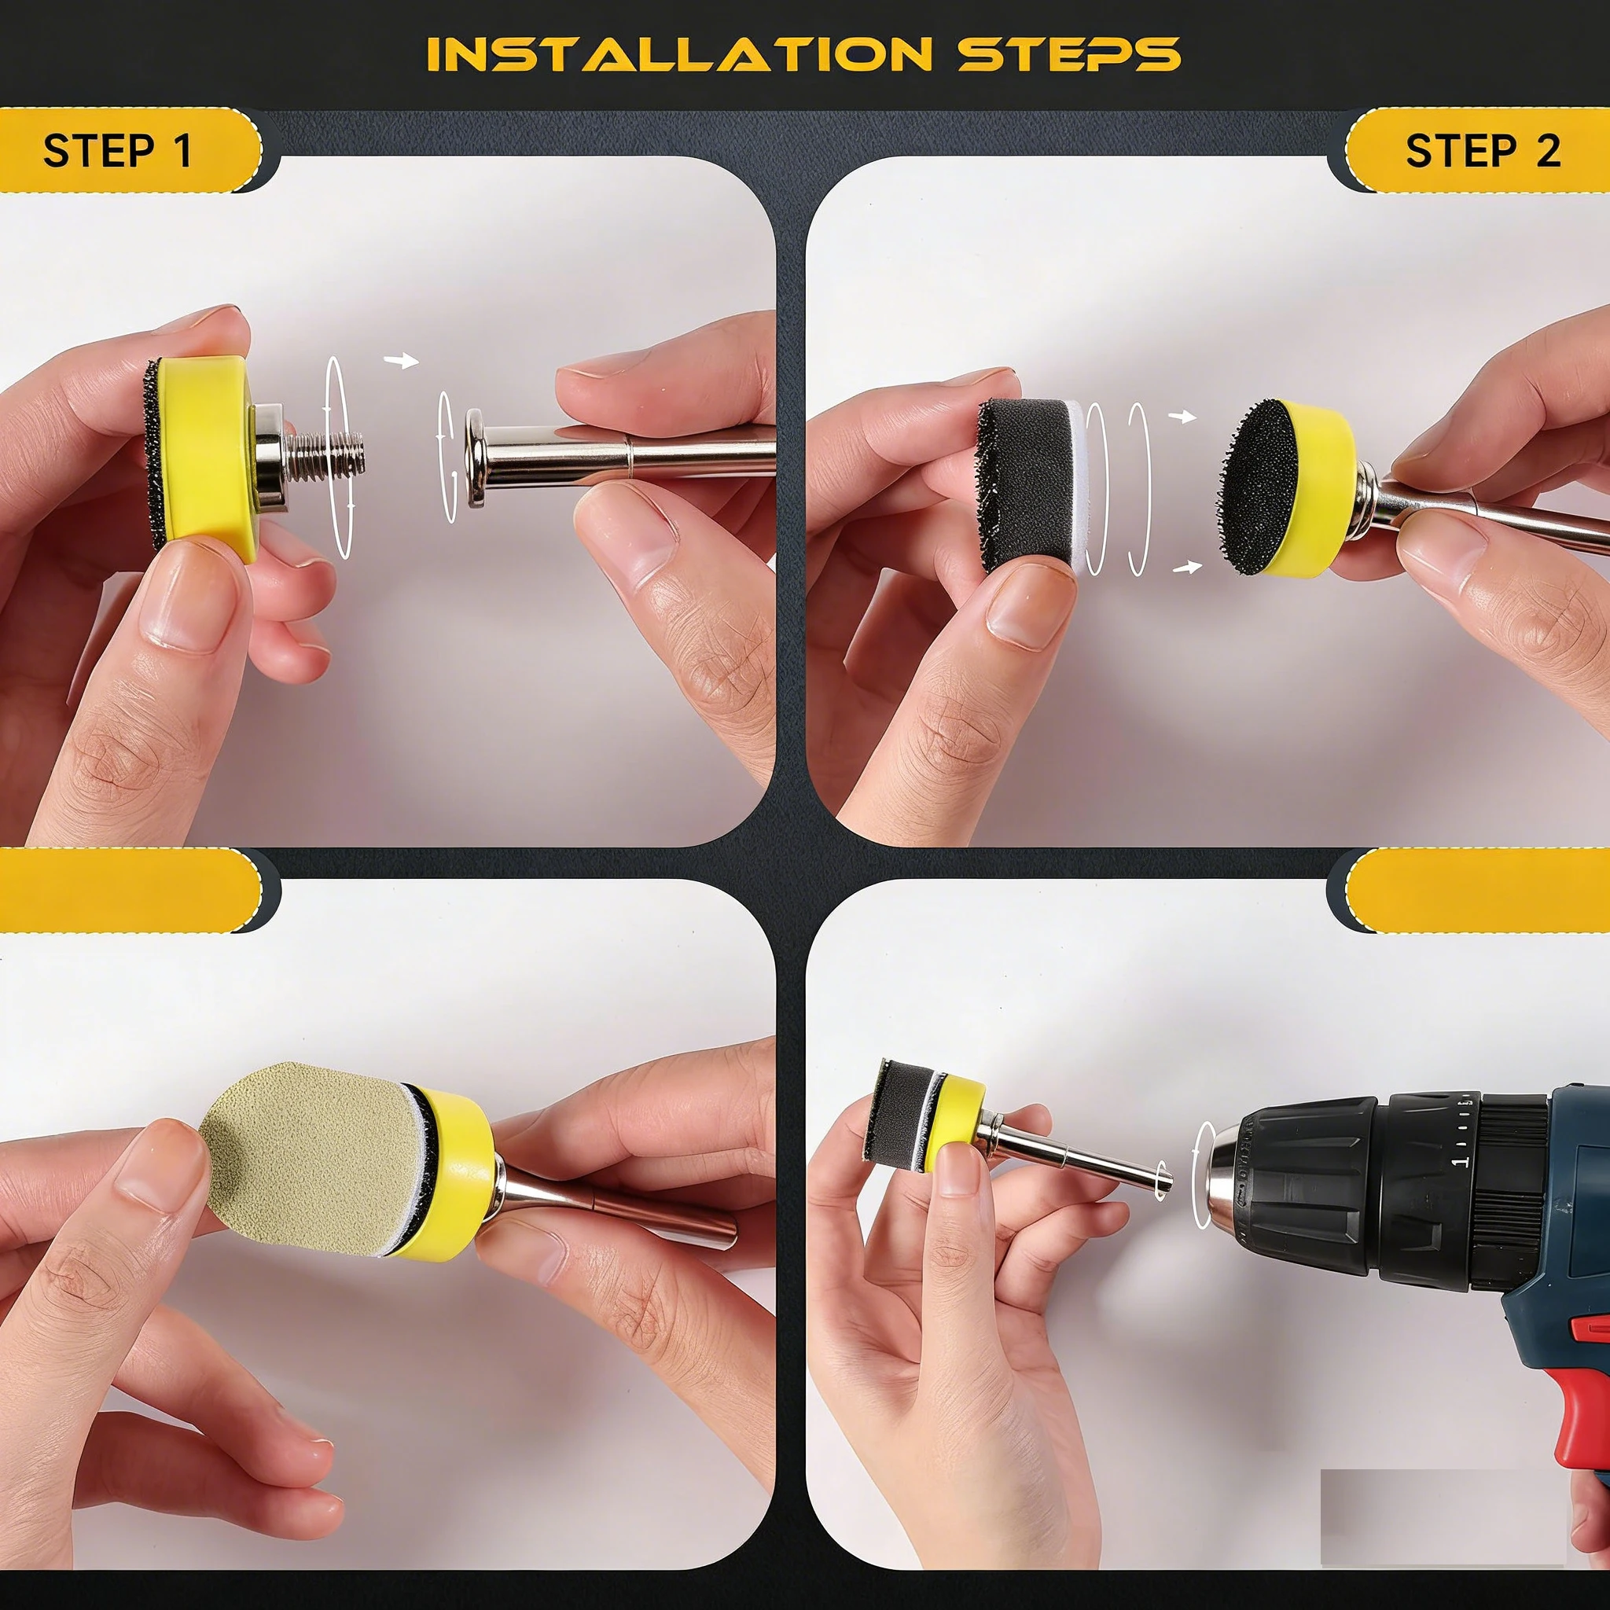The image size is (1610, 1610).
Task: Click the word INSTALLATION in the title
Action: [679, 54]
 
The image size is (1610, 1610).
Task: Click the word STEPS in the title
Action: [1069, 54]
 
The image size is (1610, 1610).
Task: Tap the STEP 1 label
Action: [117, 151]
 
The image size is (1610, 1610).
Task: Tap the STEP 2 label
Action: [1483, 151]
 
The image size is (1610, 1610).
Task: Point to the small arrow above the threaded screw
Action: [401, 360]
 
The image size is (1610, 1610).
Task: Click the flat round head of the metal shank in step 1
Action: [476, 458]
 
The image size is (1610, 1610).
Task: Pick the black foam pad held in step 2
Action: [1025, 486]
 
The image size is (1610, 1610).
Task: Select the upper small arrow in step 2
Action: [1182, 416]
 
